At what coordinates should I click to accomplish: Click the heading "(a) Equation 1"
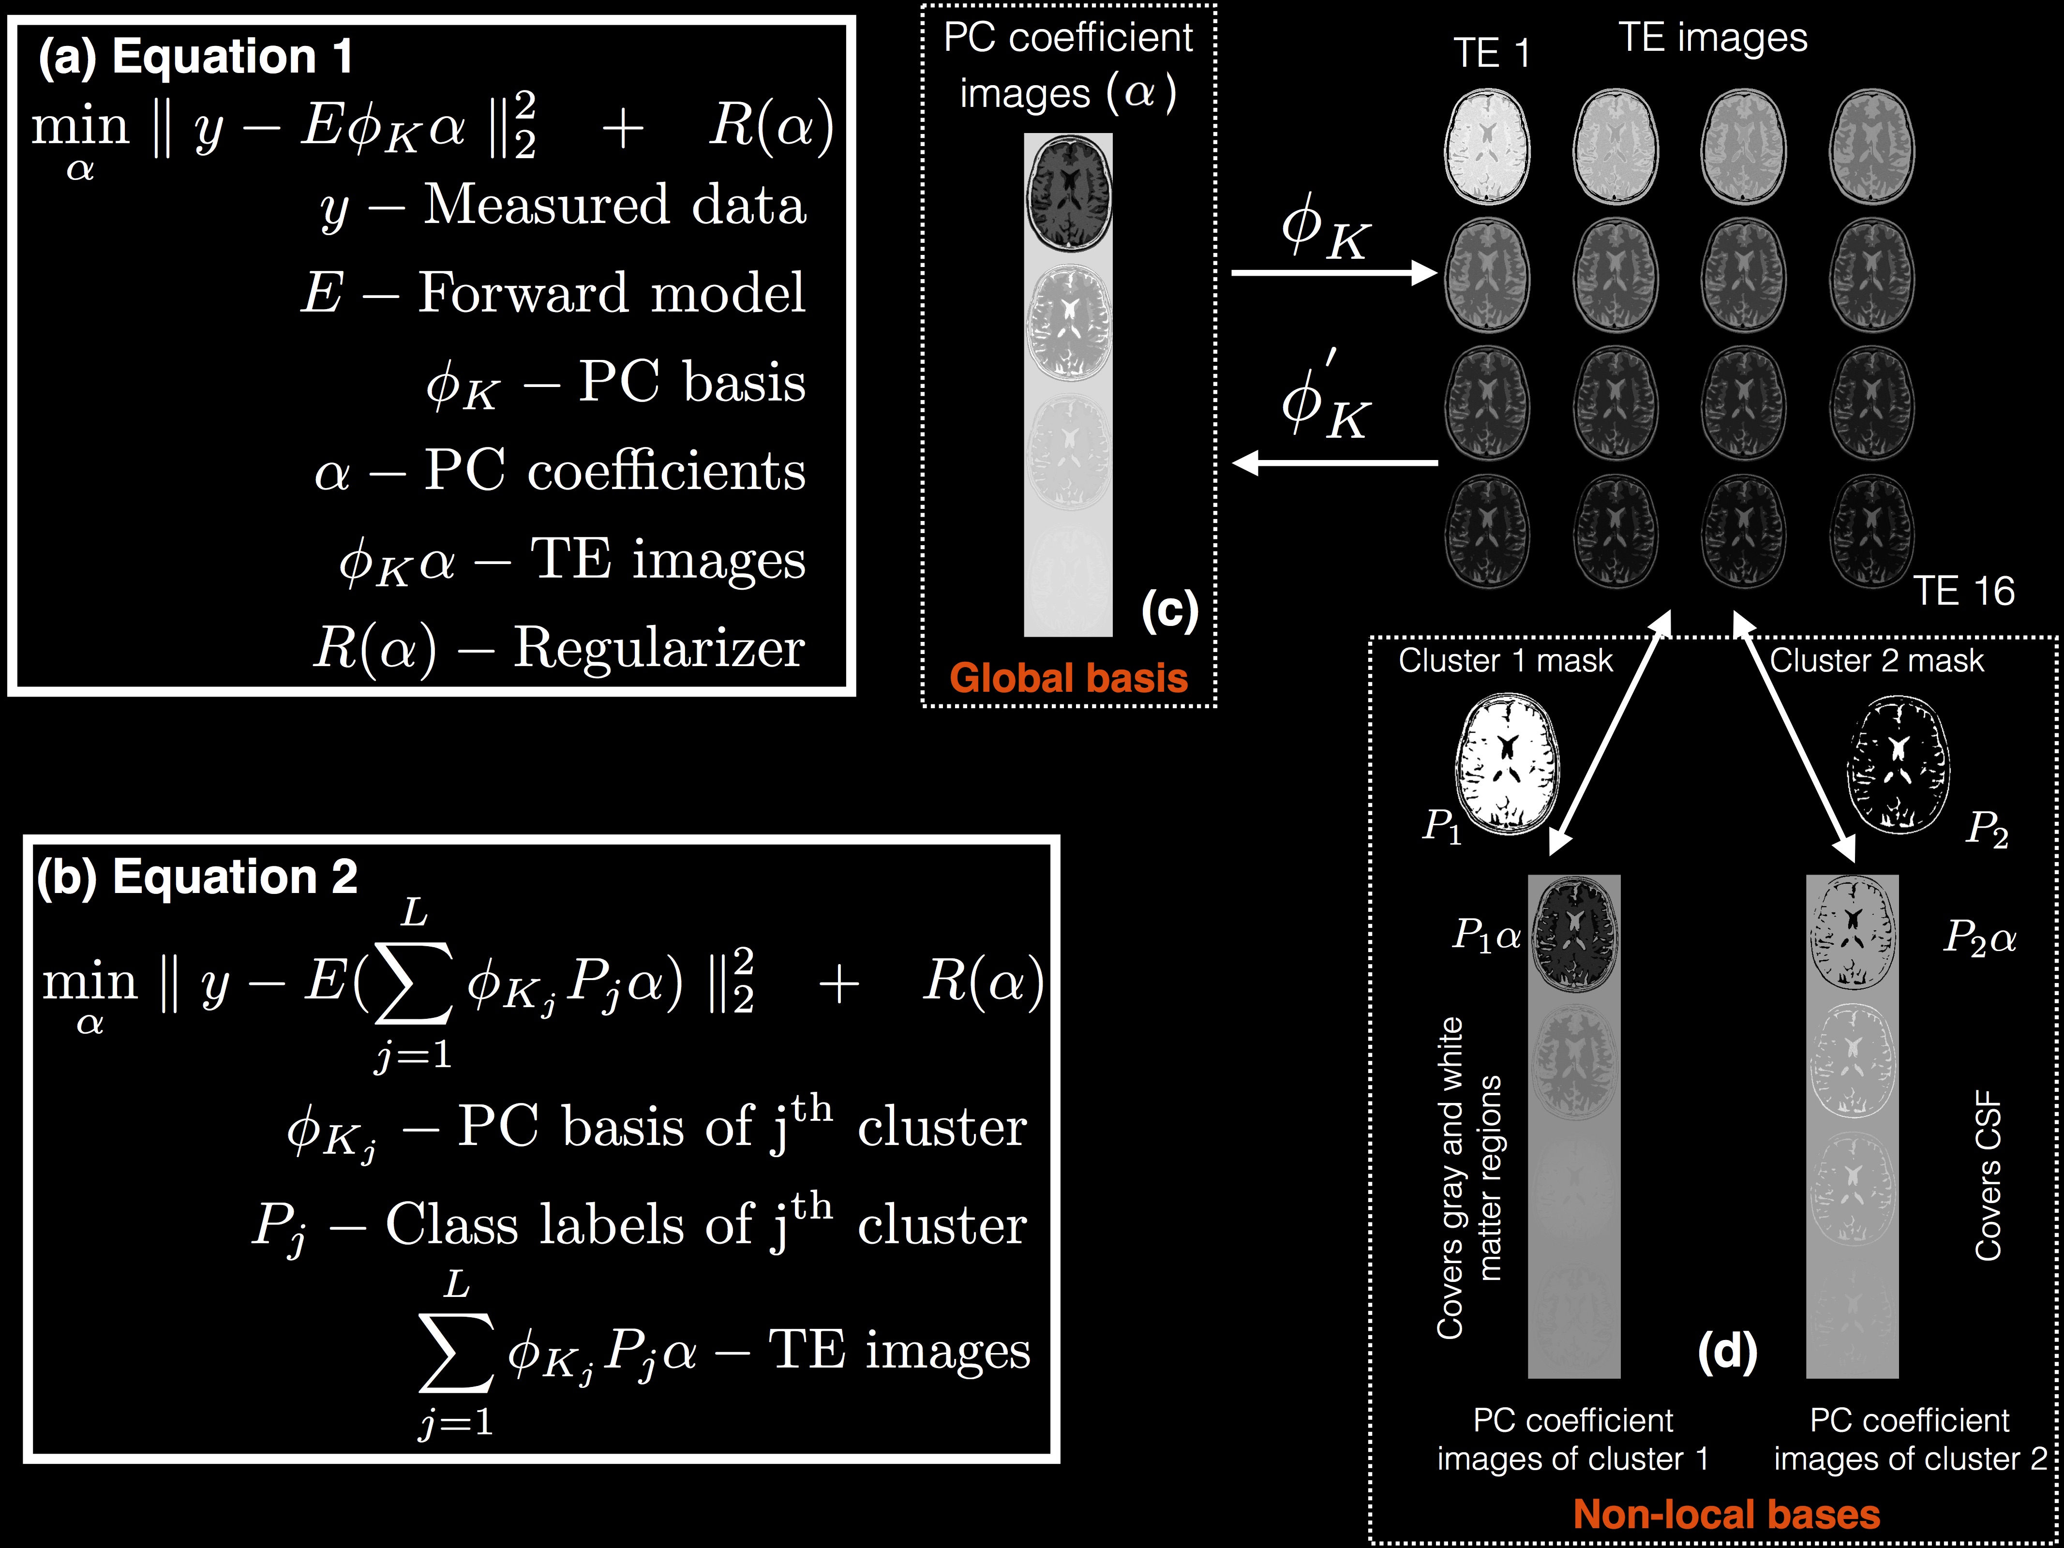pos(196,56)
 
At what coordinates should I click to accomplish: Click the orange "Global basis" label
pos(1068,678)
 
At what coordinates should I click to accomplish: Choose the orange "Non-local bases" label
pos(1726,1514)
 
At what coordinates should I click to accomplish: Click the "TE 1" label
pos(1491,53)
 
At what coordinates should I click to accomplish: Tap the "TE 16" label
pos(1963,591)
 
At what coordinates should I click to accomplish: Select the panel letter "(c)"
pos(1169,611)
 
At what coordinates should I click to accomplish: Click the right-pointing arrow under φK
pos(1334,272)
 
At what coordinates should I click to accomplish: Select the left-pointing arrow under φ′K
pos(1334,462)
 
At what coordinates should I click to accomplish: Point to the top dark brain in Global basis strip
pos(1068,193)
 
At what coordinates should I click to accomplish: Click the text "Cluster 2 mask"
pos(1876,661)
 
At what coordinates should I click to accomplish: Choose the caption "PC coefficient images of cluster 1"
pos(1573,1439)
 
